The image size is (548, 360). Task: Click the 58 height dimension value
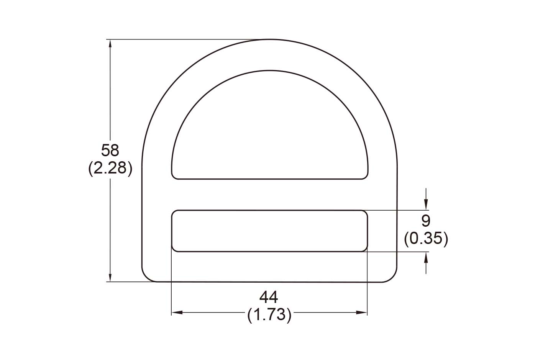tap(110, 151)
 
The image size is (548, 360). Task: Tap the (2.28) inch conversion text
tap(110, 168)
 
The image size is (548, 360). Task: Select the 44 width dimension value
tap(269, 297)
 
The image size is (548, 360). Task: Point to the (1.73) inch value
tap(269, 315)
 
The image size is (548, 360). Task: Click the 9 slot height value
tap(426, 221)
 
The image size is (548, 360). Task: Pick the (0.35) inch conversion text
tap(426, 239)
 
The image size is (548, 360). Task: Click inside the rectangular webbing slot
tap(269, 231)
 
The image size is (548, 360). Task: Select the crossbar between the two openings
tap(269, 195)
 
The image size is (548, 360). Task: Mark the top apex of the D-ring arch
tap(269, 40)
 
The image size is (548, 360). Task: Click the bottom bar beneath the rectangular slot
tap(269, 267)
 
